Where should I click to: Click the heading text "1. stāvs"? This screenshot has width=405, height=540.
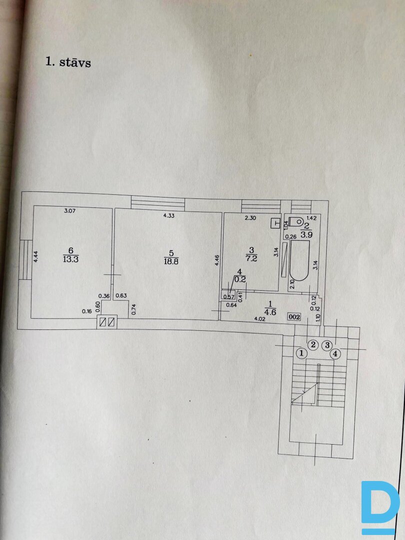click(x=68, y=62)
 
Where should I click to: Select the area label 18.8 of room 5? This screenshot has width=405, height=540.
click(x=170, y=259)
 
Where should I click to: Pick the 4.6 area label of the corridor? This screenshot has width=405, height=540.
click(x=270, y=312)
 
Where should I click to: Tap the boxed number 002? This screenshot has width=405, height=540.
click(x=294, y=316)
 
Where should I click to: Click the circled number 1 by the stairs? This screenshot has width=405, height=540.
click(x=300, y=353)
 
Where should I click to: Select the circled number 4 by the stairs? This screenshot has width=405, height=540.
click(x=335, y=353)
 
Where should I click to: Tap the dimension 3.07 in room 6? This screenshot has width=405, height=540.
click(x=69, y=211)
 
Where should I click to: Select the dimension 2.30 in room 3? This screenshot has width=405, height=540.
click(x=250, y=218)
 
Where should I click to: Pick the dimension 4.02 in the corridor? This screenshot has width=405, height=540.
click(x=259, y=318)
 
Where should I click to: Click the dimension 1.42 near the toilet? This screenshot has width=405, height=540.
click(x=311, y=218)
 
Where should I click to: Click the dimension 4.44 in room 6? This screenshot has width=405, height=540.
click(x=36, y=256)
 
